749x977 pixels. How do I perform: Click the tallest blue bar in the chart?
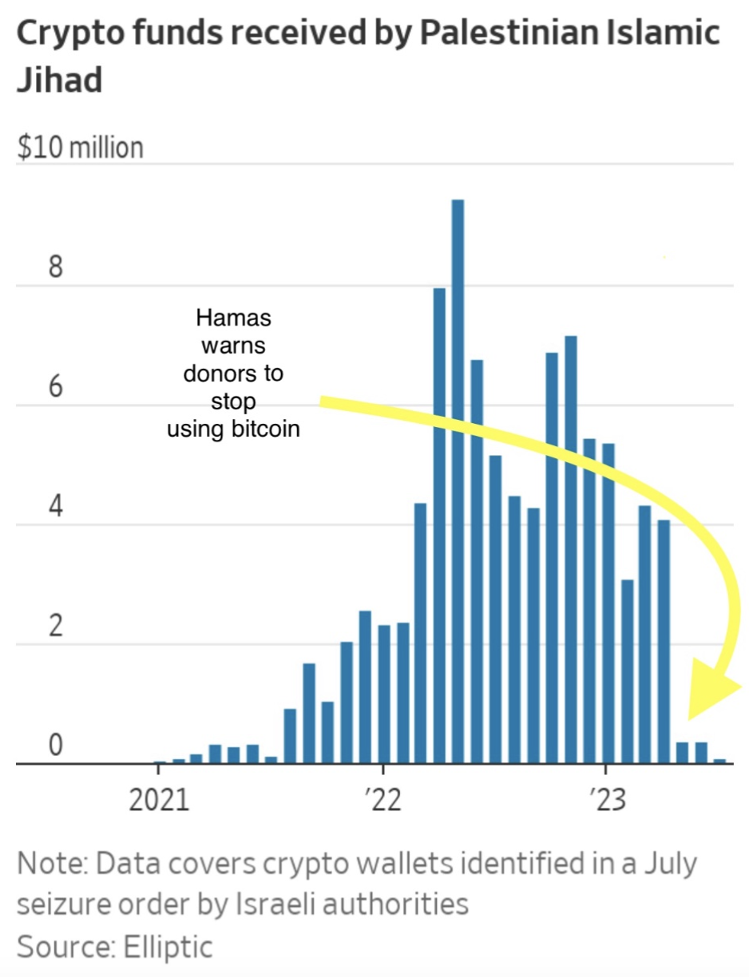(x=458, y=479)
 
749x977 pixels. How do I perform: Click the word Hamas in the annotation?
(x=233, y=318)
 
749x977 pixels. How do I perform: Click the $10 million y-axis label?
(x=80, y=148)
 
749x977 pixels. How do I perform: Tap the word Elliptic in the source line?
(x=168, y=947)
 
